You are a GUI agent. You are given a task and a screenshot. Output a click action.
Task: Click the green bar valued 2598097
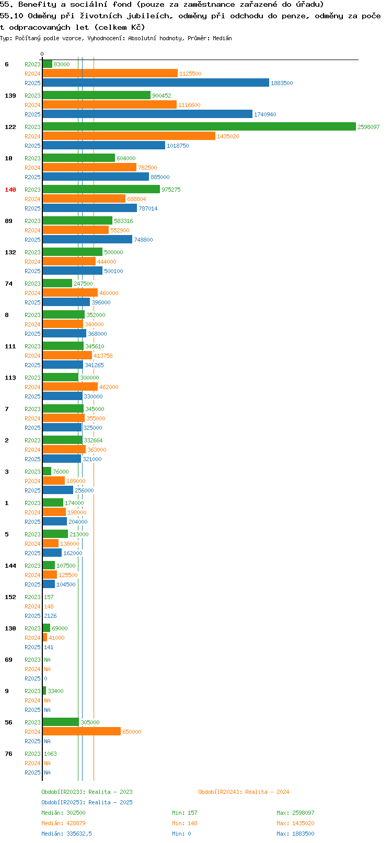click(x=199, y=126)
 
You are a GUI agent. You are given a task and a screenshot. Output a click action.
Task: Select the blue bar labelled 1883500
click(x=156, y=83)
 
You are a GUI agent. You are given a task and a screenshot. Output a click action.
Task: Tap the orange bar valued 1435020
click(x=129, y=136)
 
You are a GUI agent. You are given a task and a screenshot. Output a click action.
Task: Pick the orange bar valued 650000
click(x=82, y=731)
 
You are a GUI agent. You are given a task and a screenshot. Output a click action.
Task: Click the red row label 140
click(x=10, y=190)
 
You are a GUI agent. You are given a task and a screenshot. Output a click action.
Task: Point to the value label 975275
click(x=171, y=190)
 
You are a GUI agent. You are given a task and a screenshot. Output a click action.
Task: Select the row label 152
click(x=10, y=597)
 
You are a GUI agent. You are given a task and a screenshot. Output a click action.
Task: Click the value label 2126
click(x=51, y=616)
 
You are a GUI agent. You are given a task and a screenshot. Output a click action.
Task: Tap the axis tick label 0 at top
click(x=42, y=54)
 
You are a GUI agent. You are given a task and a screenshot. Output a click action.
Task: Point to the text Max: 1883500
click(x=296, y=834)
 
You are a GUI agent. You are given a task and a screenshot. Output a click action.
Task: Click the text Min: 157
click(x=185, y=813)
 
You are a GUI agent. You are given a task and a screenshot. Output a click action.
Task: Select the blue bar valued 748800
click(x=87, y=239)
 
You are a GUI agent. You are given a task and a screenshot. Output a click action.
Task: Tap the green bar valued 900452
click(x=96, y=95)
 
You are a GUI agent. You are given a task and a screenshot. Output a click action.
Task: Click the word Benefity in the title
click(x=37, y=5)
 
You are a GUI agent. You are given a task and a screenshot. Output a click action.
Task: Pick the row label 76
click(x=8, y=754)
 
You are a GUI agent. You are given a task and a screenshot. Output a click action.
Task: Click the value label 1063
click(x=51, y=754)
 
